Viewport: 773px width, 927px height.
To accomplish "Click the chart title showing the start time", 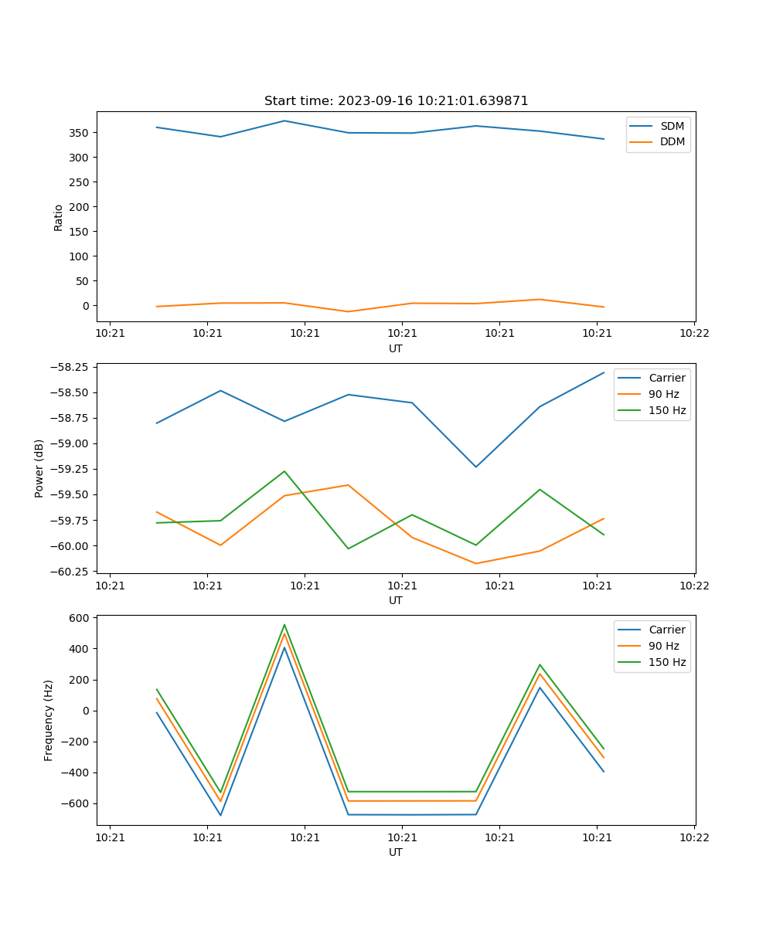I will click(x=396, y=101).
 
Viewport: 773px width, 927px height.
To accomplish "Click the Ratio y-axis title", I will click(x=59, y=217).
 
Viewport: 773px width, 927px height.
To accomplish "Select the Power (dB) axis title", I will click(x=39, y=468).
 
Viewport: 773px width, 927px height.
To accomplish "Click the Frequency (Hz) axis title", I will click(x=49, y=720).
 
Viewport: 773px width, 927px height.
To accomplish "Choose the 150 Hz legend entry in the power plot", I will click(x=666, y=410).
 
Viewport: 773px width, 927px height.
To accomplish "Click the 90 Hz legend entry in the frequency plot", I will click(x=663, y=646).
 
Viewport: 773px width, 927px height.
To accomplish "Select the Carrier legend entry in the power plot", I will click(x=666, y=378).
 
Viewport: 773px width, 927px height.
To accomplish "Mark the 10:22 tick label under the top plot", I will click(x=693, y=334).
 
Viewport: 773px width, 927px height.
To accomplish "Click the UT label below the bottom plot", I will click(x=395, y=852).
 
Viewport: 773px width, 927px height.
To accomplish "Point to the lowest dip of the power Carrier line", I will click(x=475, y=467).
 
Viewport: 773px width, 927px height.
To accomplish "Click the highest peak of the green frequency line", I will click(x=284, y=625).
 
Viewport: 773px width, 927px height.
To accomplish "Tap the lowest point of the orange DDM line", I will click(x=348, y=311).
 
